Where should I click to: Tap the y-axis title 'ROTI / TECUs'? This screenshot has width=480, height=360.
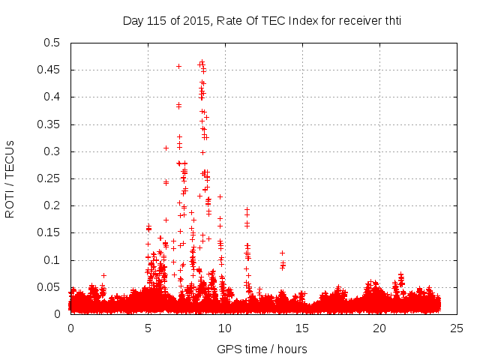click(10, 178)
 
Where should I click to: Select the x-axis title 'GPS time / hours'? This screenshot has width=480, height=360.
click(262, 349)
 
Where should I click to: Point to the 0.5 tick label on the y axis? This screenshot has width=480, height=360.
click(52, 43)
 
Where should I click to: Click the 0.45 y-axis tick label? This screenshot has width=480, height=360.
click(49, 70)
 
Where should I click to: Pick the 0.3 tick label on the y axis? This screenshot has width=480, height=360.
click(52, 151)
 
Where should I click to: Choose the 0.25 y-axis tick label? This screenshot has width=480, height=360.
click(49, 178)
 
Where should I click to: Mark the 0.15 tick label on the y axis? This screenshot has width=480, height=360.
click(49, 233)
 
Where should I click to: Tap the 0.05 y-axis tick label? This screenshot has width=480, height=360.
click(49, 287)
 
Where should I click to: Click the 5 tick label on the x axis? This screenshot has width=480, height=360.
click(148, 328)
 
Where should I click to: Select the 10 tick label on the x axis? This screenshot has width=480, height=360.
click(225, 328)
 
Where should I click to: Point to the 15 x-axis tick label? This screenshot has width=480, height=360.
click(302, 328)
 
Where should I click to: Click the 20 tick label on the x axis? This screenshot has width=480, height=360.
click(379, 328)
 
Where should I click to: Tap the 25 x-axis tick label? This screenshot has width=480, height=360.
click(457, 328)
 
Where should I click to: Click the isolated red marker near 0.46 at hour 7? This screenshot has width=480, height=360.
click(178, 66)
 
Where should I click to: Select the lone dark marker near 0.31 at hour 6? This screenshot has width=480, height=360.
click(166, 148)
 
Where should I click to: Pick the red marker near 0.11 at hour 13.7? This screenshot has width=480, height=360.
click(282, 253)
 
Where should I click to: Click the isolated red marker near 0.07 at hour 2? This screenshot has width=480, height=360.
click(103, 275)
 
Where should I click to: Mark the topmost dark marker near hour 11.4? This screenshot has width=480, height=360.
click(247, 210)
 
